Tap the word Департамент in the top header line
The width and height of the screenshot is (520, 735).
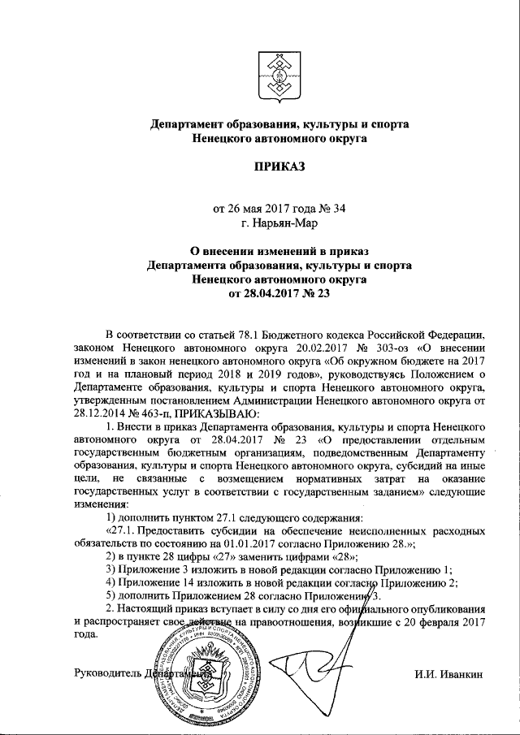188,124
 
